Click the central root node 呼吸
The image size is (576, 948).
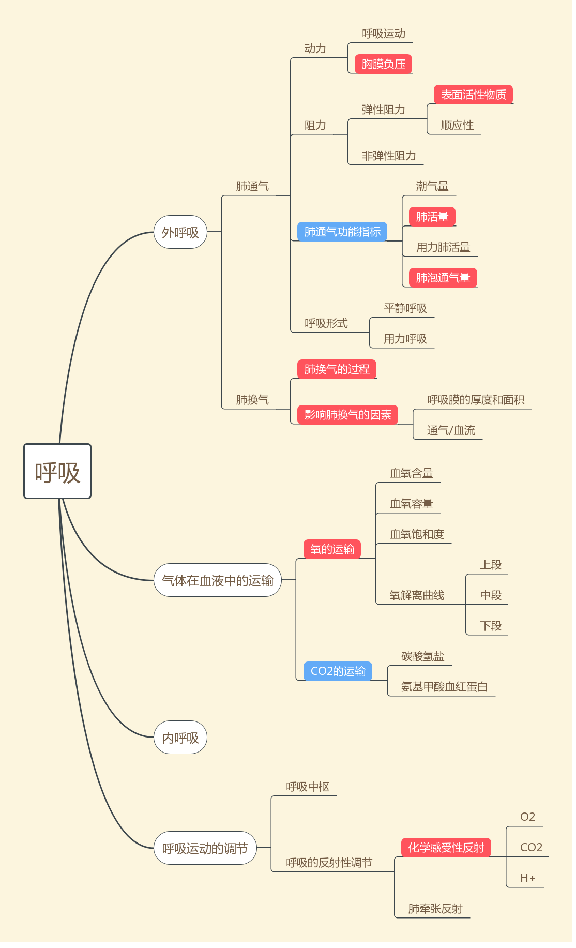point(57,471)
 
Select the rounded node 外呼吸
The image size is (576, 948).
point(180,232)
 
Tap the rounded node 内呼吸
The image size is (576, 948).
point(180,738)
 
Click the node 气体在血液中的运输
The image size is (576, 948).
point(218,580)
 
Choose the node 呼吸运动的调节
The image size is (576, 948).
point(205,848)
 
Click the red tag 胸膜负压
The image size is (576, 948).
point(383,64)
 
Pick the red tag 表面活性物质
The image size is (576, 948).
point(473,95)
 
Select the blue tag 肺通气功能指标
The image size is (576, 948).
point(342,232)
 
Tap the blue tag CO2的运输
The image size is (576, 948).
point(338,671)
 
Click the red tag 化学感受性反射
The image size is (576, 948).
point(446,848)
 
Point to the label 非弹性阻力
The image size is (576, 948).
point(389,156)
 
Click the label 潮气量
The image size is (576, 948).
point(432,186)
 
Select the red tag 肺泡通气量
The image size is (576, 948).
point(443,278)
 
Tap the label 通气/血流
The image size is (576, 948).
point(451,430)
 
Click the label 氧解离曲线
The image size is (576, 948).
point(417,595)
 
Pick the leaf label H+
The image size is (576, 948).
point(527,878)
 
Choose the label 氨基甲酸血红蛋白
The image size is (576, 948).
point(444,687)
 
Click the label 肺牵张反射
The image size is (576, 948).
point(435,909)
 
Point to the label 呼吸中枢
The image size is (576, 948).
point(308,787)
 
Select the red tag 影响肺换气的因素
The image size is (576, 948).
point(347,415)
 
